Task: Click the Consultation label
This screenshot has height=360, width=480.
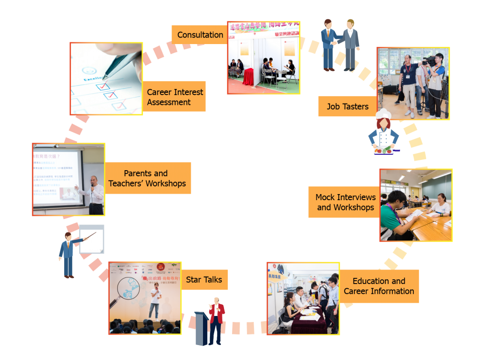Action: (200, 35)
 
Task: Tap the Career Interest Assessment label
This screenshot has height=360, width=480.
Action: (175, 97)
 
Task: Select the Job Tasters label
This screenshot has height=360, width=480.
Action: (347, 106)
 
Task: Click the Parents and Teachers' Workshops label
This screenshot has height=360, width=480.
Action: (147, 178)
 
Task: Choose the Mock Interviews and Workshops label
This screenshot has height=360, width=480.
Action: (345, 202)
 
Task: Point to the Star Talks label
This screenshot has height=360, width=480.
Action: (204, 280)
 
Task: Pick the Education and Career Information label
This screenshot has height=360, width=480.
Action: (379, 286)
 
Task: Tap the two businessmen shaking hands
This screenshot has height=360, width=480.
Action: (340, 45)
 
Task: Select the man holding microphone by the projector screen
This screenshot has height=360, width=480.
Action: (96, 194)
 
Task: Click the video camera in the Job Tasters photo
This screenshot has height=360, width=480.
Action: (429, 61)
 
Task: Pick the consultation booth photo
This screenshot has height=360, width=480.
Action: (263, 58)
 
